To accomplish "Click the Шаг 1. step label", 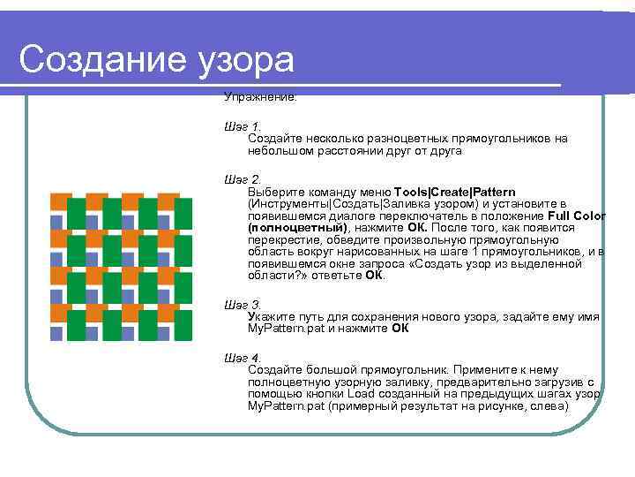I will (243, 126).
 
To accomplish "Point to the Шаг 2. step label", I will (243, 180).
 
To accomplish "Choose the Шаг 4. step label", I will (243, 357).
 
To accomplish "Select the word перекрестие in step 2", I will (283, 239).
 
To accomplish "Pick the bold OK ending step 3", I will (400, 328).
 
